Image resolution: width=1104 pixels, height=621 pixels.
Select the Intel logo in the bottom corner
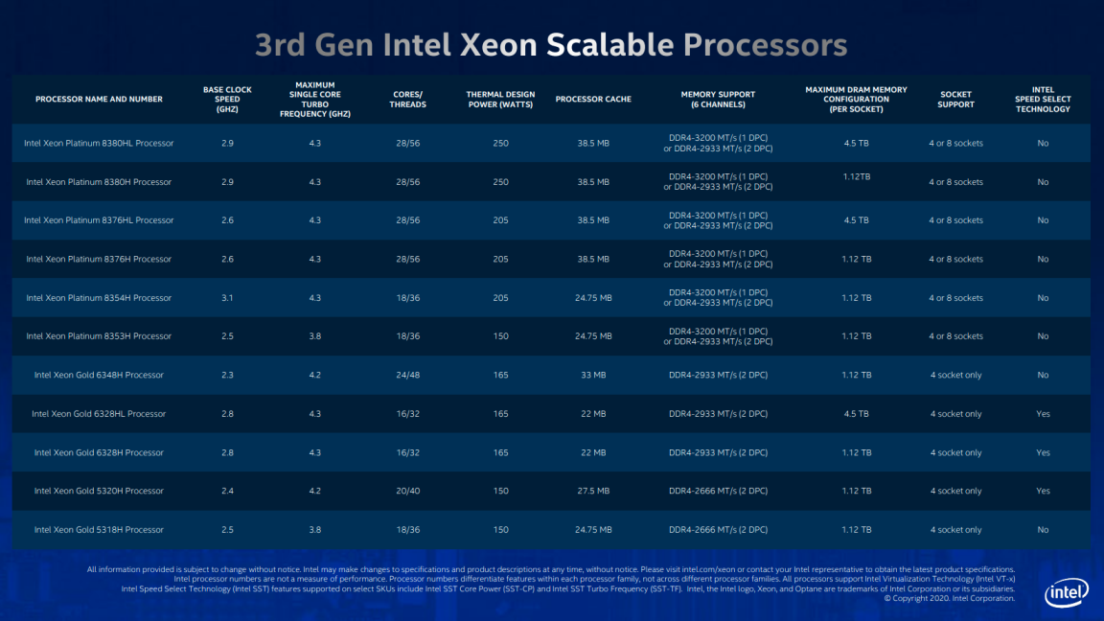(1066, 593)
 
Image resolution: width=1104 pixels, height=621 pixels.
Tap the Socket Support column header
(955, 100)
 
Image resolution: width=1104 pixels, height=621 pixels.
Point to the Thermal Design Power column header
(500, 100)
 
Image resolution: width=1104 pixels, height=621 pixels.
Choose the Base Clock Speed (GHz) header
(227, 100)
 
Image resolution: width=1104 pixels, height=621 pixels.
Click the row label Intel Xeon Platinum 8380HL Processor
(99, 143)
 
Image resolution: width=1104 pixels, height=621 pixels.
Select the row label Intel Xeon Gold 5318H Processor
(99, 530)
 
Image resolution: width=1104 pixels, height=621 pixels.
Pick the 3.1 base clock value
(227, 298)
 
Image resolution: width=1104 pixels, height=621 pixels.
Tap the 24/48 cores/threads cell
(407, 376)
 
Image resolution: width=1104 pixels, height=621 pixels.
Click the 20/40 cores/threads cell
(407, 492)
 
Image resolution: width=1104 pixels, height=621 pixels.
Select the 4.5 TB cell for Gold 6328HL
(857, 414)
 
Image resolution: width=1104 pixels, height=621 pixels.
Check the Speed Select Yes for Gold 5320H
(1043, 492)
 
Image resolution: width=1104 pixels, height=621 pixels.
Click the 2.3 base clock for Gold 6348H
(227, 376)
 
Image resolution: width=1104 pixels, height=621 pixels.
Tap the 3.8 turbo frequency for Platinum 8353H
(314, 336)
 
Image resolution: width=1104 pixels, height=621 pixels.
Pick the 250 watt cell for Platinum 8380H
(500, 182)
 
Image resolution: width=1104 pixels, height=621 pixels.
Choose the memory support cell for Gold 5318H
(718, 530)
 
